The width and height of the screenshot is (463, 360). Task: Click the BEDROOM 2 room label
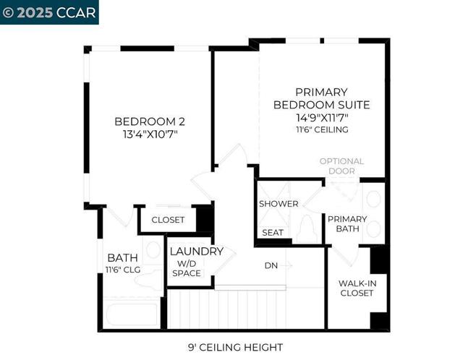145,121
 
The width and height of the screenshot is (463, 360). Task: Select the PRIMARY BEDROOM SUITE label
321,98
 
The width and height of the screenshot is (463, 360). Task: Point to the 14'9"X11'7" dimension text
321,117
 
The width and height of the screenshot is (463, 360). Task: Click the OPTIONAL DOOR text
341,166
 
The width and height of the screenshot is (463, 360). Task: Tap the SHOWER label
279,204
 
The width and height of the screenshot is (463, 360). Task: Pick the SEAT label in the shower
273,233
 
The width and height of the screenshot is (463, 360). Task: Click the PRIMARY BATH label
347,223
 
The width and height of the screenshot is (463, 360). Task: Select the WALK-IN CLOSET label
356,288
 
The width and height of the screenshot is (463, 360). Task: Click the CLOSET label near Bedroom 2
168,220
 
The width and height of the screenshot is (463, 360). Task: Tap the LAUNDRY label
196,252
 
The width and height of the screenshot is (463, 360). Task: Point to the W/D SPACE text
187,268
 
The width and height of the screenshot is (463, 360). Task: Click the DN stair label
271,265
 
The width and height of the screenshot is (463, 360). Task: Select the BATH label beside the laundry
123,257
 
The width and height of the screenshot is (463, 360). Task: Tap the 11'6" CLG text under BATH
123,270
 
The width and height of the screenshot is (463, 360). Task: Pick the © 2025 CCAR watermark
49,12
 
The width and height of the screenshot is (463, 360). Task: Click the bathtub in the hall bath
132,315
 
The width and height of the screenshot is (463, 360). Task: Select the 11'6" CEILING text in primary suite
321,130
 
